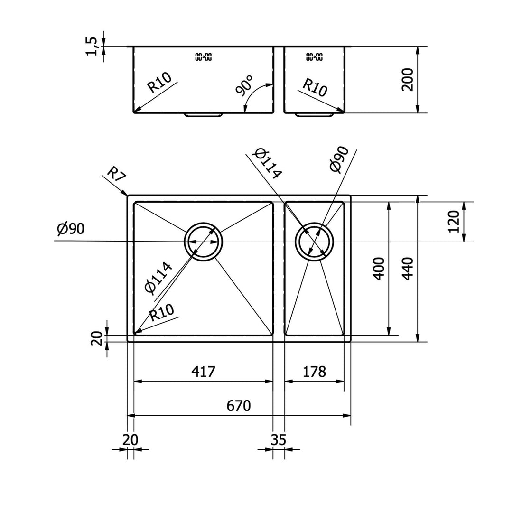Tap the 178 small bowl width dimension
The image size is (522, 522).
(314, 372)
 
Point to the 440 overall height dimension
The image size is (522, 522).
(407, 268)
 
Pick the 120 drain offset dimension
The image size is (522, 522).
(454, 222)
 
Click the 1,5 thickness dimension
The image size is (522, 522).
(93, 46)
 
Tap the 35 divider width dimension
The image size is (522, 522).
(279, 440)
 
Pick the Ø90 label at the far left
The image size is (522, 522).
(70, 229)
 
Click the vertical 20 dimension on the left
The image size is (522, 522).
(96, 338)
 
